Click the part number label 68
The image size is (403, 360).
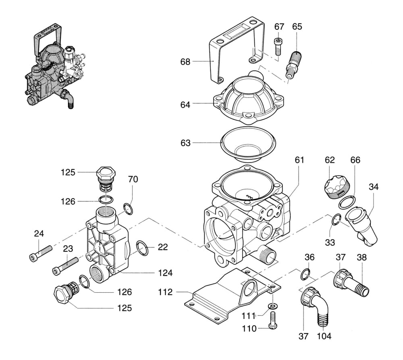pos(185,62)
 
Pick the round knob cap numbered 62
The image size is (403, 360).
pos(337,186)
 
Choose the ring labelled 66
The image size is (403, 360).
pos(347,201)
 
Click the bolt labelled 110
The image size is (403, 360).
pos(272,321)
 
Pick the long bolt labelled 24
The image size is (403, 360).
pos(41,252)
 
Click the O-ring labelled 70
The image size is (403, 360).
pos(128,209)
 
